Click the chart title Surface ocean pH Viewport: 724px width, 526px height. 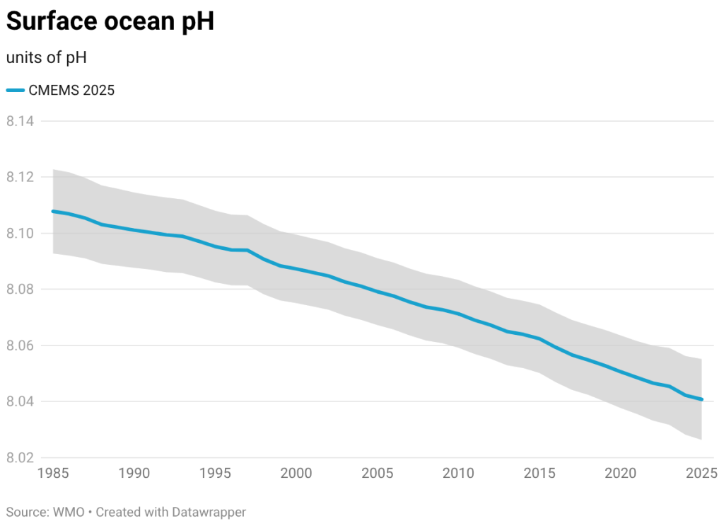click(110, 22)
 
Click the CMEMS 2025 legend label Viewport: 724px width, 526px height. click(71, 90)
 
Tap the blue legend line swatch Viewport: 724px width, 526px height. click(16, 90)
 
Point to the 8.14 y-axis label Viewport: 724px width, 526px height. click(21, 121)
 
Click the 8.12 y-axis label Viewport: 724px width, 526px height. click(21, 177)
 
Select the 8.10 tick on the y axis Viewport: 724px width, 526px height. click(21, 233)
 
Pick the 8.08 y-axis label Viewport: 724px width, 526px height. click(21, 289)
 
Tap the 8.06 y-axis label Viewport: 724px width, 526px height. click(21, 345)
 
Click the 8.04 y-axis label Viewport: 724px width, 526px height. click(21, 401)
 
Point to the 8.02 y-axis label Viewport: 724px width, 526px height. click(21, 457)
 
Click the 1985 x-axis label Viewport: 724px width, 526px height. click(54, 472)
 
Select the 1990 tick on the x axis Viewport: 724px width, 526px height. click(134, 472)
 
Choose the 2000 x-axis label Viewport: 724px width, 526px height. click(296, 472)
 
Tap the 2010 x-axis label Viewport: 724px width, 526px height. click(459, 472)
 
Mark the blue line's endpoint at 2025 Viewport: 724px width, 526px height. click(701, 399)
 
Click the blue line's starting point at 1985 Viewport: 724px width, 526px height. click(53, 211)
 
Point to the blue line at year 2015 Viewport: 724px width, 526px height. click(539, 338)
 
